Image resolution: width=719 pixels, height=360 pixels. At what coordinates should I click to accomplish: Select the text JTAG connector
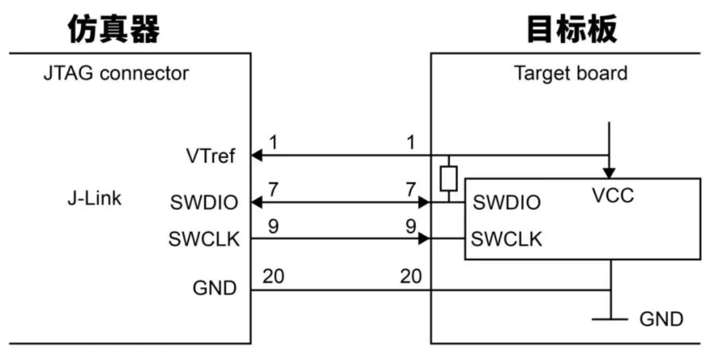pos(115,73)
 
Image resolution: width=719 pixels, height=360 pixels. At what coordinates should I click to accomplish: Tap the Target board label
pos(570,74)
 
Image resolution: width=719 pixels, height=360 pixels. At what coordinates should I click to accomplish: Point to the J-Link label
pos(94,198)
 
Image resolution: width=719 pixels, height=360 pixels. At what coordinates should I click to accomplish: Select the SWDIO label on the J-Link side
pos(204,202)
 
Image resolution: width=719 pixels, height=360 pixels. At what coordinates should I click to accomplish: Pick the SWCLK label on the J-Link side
pos(204,239)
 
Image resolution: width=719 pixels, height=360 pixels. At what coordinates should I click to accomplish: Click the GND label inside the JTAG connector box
pos(215,288)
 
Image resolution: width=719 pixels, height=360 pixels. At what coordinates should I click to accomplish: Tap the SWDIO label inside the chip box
pos(507,202)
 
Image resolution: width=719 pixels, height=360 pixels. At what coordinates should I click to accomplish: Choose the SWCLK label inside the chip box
pos(507,238)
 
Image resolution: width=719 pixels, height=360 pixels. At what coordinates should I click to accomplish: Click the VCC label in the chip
pos(613,196)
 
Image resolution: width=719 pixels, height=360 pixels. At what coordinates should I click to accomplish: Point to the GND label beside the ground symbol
pos(661,319)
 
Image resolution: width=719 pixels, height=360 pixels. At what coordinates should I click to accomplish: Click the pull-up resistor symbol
pos(448,178)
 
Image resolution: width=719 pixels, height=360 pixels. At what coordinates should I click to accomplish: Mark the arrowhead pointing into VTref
pos(257,155)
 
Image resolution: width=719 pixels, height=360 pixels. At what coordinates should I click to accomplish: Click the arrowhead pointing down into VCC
pos(609,172)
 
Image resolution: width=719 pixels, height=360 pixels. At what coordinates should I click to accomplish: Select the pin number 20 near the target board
pos(410,277)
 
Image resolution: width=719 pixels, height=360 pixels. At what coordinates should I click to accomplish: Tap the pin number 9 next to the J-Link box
pos(273,227)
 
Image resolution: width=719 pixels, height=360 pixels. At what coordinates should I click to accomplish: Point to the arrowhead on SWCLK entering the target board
pos(425,238)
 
